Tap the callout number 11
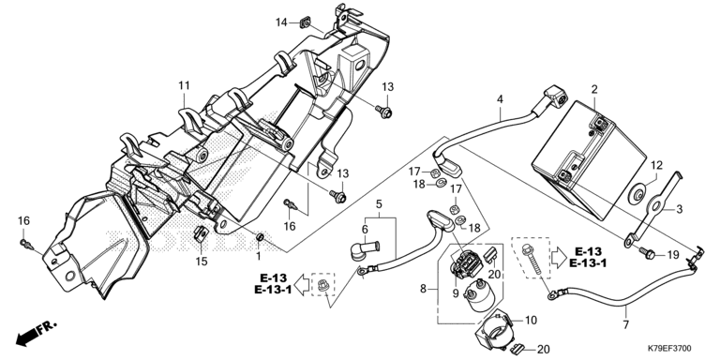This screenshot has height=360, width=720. click(x=184, y=85)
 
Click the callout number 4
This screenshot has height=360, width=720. click(x=500, y=98)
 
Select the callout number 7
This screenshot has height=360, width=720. click(x=627, y=324)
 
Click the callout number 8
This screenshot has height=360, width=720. click(x=423, y=289)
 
